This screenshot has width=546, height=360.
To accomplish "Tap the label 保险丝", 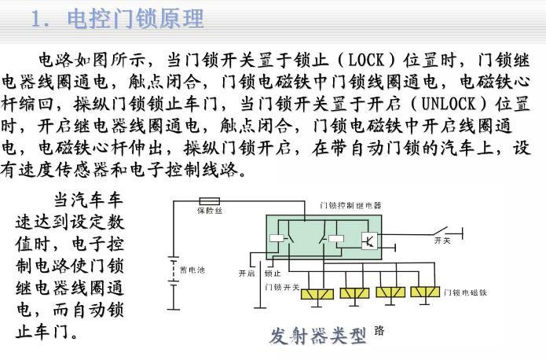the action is (209, 211).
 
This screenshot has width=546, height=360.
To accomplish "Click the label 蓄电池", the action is (192, 270).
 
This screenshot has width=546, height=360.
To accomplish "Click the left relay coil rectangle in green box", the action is (277, 237).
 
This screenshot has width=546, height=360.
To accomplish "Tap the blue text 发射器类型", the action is (318, 336).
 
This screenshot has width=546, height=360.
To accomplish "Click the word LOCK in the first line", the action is (365, 60).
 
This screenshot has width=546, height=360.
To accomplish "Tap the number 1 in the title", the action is (37, 19).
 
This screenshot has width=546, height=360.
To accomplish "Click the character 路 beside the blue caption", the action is (379, 330).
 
